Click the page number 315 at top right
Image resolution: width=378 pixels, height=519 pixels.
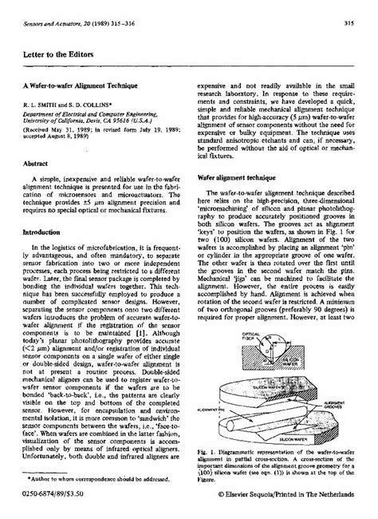(x=349, y=24)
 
